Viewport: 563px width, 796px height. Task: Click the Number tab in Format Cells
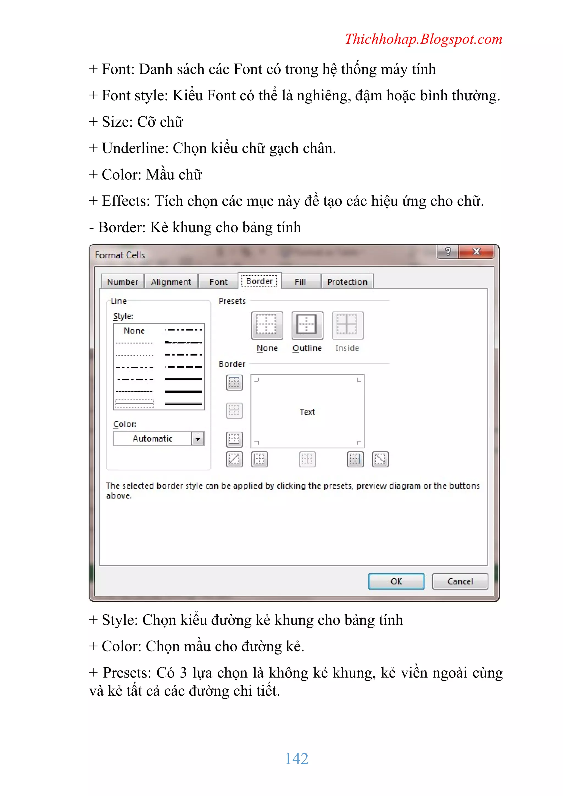[122, 282]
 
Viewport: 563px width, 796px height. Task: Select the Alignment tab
[171, 282]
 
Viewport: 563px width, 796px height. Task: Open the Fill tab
[300, 282]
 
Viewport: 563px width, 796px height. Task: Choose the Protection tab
[347, 282]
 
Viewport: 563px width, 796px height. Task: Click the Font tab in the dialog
[218, 282]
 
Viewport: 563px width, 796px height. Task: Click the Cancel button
[460, 582]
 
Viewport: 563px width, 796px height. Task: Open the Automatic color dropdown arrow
[198, 439]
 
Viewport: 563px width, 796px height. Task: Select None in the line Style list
[134, 330]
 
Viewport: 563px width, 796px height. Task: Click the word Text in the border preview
[307, 412]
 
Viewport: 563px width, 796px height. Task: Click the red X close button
[476, 251]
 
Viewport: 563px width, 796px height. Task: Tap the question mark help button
[448, 251]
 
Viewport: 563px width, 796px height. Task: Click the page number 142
[296, 759]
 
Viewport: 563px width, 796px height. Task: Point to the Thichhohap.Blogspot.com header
[423, 39]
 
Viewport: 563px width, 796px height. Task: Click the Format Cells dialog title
[120, 255]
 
